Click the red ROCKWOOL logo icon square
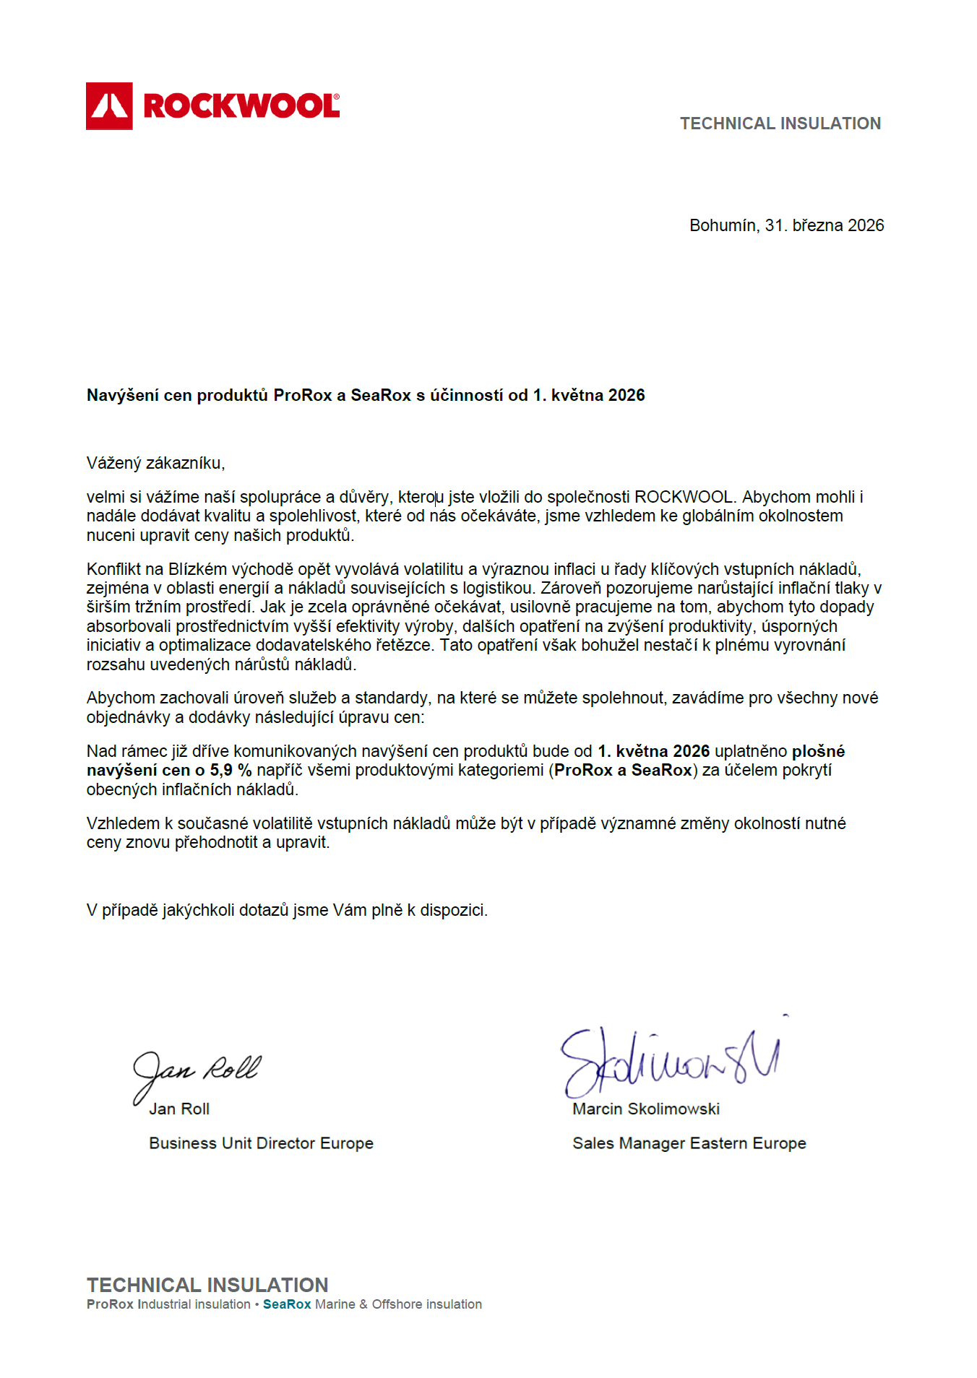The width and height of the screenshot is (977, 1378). click(x=109, y=106)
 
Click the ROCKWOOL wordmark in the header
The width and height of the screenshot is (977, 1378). click(x=241, y=106)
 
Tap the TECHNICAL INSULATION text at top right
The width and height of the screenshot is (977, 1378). click(x=780, y=123)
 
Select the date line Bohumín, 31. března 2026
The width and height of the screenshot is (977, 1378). click(x=786, y=225)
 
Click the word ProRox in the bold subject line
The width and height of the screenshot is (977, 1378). click(x=302, y=395)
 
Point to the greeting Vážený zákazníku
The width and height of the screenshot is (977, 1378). click(x=155, y=463)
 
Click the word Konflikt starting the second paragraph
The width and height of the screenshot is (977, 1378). click(x=113, y=569)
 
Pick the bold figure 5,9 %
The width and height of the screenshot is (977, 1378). click(x=231, y=770)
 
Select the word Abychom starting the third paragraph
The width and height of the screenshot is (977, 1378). click(x=120, y=698)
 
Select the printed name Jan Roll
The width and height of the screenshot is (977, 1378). click(x=179, y=1109)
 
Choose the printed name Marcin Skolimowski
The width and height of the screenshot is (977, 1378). click(x=646, y=1109)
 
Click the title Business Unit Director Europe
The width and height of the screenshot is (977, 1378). click(x=261, y=1143)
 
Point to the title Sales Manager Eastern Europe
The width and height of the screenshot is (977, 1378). click(x=689, y=1143)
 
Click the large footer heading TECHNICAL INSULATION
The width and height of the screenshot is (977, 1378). click(x=207, y=1285)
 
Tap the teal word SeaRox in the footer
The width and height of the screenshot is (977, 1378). click(x=287, y=1304)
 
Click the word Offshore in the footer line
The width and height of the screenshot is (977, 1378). click(x=397, y=1304)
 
